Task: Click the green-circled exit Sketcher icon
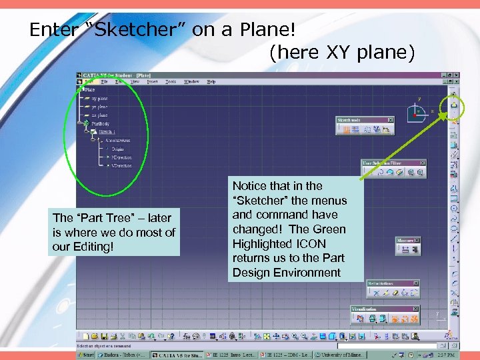click(454, 104)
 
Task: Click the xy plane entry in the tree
click(100, 98)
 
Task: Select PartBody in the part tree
click(101, 123)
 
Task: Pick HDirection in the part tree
click(121, 157)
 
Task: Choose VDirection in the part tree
click(121, 165)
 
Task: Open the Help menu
click(211, 81)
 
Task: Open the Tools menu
click(171, 81)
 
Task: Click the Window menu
click(191, 81)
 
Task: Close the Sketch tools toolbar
click(390, 120)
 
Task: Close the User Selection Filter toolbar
click(422, 163)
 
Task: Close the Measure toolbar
click(417, 240)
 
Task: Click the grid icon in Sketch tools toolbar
click(347, 129)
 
